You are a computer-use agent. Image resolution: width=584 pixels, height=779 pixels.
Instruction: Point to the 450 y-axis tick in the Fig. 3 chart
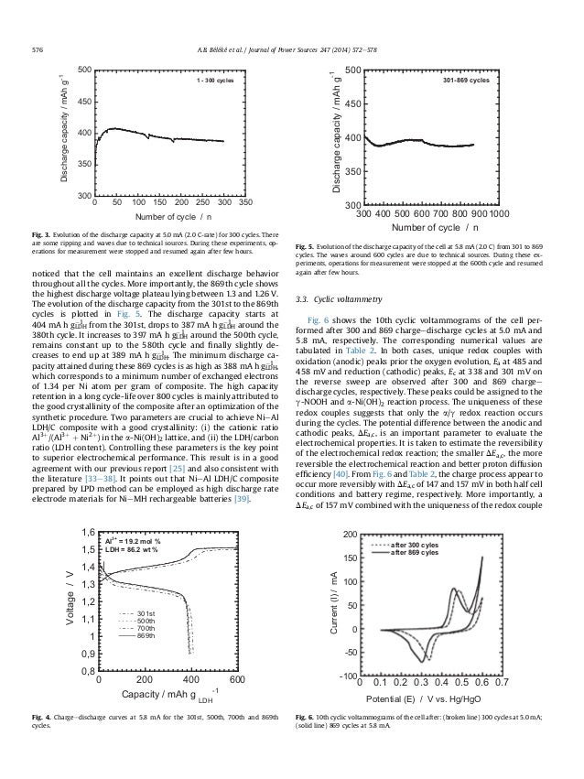click(81, 102)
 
